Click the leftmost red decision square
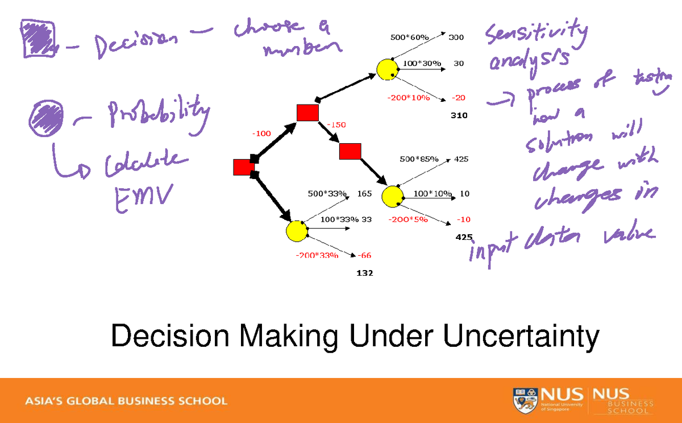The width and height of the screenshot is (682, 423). coord(243,168)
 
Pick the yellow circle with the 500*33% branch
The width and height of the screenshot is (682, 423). coord(296,231)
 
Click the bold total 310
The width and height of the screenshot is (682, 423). coord(459,115)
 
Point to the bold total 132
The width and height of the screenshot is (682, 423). coord(364,273)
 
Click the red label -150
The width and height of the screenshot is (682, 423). coord(336,125)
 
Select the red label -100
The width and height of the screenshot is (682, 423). coord(261,133)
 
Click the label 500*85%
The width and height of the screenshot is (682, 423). coord(419,159)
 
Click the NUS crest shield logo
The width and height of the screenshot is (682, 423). coord(524,400)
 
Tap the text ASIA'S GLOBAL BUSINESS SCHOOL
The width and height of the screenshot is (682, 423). coord(126,401)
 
